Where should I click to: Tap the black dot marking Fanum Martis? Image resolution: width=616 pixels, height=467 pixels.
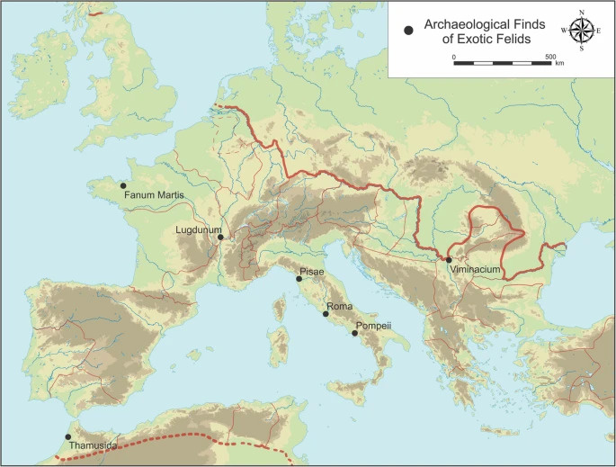[123, 186]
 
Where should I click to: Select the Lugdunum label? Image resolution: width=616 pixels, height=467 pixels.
[198, 230]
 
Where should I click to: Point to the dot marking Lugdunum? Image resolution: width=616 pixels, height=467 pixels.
[220, 238]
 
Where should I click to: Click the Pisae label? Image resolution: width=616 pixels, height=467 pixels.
[313, 271]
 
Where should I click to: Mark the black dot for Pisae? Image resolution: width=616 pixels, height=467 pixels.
[299, 280]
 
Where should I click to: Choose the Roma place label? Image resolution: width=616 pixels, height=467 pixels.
[339, 306]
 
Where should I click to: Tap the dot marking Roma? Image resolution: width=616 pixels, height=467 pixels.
[326, 314]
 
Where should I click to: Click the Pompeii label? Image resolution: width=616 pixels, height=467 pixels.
[372, 325]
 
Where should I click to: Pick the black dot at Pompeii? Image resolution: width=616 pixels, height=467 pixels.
[355, 334]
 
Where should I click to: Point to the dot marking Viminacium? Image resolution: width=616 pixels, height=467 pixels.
[449, 260]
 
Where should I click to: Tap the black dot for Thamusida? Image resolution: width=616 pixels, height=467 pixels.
[68, 437]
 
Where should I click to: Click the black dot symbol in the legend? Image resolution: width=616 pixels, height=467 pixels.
[410, 31]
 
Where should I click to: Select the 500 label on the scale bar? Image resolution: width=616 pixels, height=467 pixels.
[549, 57]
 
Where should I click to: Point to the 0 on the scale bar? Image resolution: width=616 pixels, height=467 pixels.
[454, 57]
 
